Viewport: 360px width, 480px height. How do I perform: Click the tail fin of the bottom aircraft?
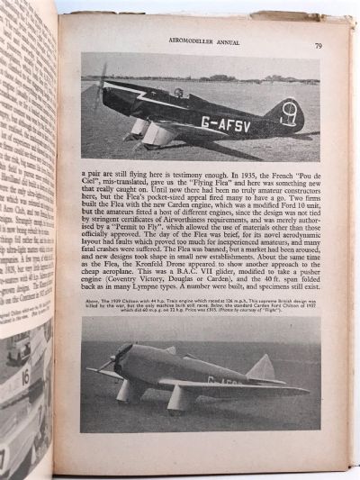point(261,367)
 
